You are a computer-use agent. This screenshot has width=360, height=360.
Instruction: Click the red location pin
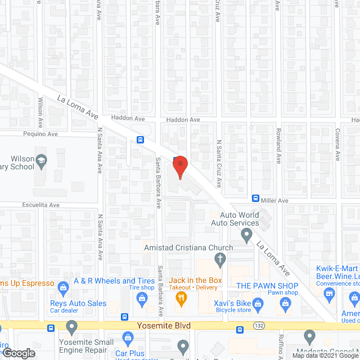(179, 167)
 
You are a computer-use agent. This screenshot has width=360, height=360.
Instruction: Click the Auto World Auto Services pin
(246, 237)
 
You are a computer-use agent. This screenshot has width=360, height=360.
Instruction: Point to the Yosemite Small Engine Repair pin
(71, 326)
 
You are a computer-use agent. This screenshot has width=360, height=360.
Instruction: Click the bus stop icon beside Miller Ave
(255, 199)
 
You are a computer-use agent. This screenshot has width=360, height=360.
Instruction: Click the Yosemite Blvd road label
(164, 326)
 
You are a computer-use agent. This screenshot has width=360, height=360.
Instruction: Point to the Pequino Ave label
(40, 134)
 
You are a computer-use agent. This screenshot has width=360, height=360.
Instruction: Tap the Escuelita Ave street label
(40, 205)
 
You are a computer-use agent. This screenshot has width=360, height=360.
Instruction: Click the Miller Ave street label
(274, 200)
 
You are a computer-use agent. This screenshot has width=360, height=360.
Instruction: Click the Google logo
(18, 354)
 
